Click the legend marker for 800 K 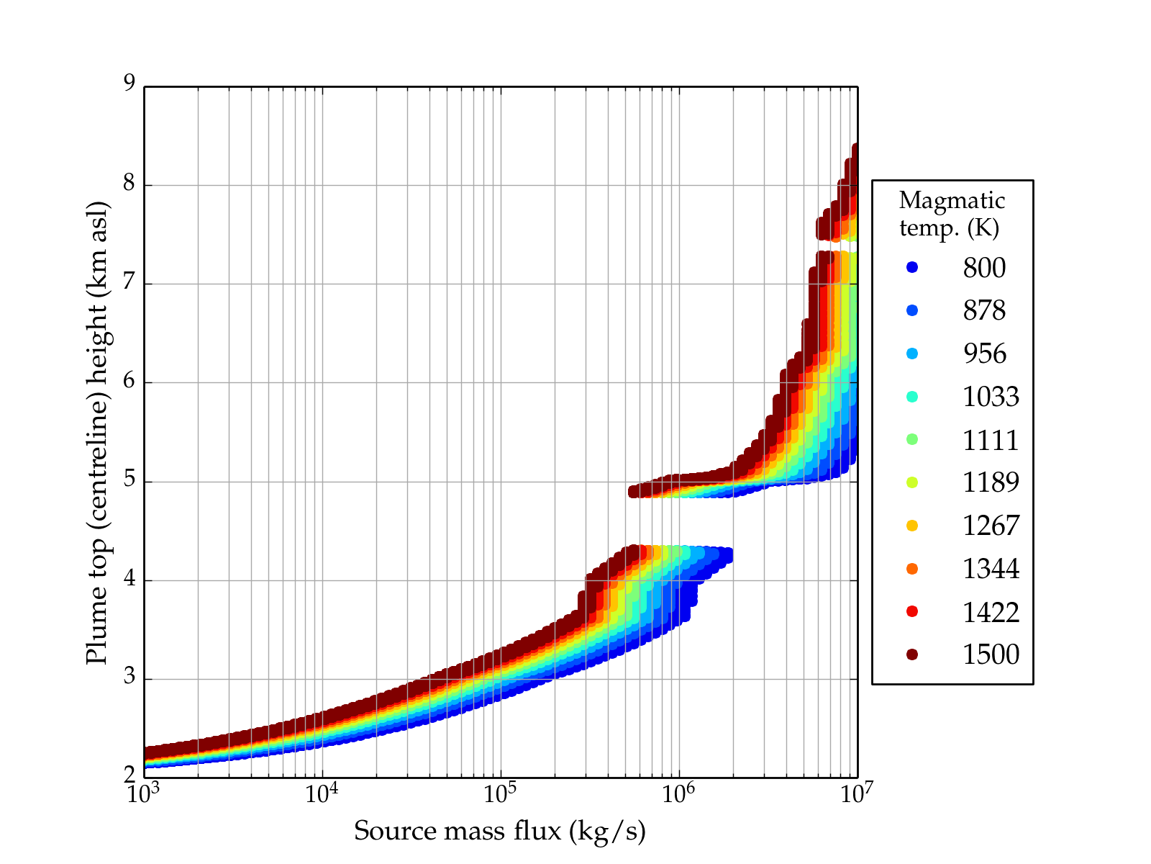(912, 268)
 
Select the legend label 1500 (991, 654)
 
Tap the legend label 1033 (991, 397)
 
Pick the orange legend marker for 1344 (912, 569)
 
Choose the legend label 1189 (991, 482)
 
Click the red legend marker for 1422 (912, 611)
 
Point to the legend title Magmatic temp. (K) (952, 214)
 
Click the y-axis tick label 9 (129, 84)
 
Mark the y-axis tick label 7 (129, 282)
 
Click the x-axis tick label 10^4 (321, 793)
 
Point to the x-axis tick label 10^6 (678, 793)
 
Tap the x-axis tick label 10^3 (143, 793)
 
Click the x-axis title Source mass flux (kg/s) (500, 832)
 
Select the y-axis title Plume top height (96, 432)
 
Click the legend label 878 (984, 310)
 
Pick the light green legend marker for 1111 (912, 439)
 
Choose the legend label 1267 (991, 526)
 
